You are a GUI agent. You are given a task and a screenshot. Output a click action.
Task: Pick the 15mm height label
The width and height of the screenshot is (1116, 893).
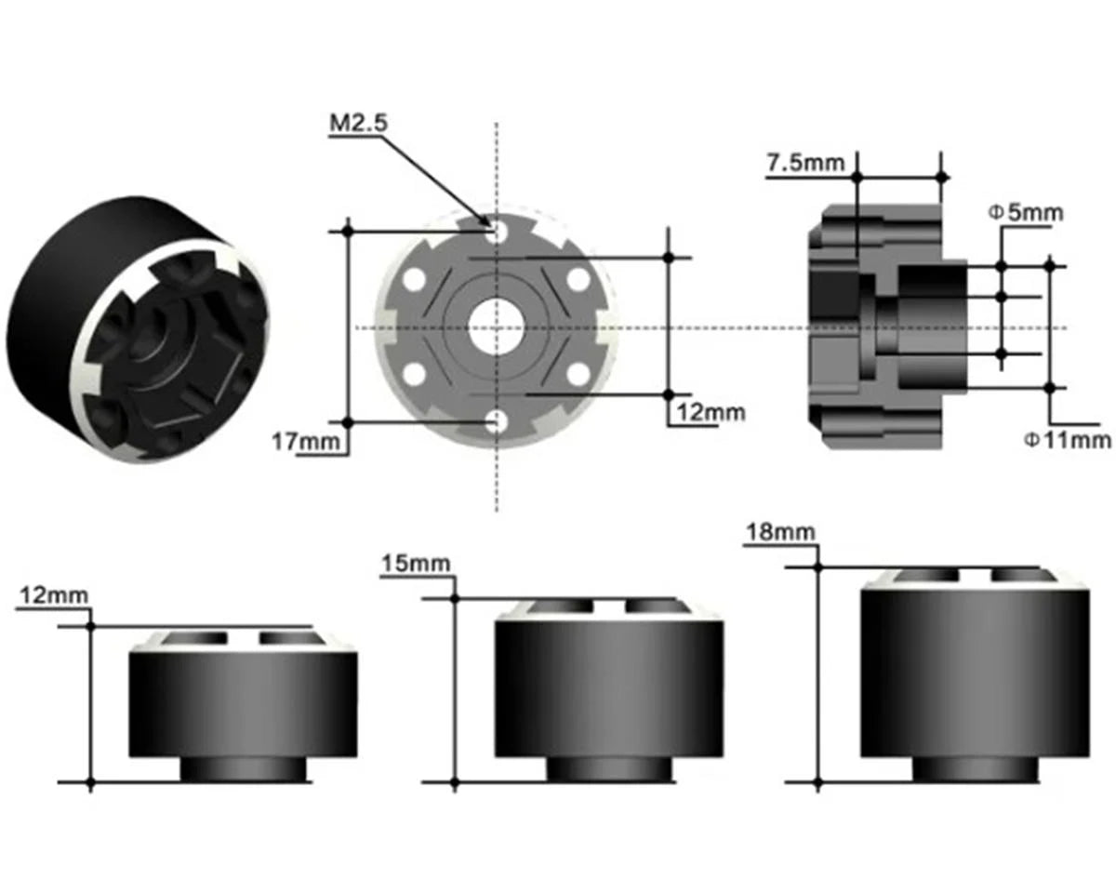pyautogui.click(x=415, y=563)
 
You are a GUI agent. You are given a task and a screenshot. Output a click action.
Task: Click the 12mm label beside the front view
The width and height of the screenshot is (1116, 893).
pyautogui.click(x=711, y=412)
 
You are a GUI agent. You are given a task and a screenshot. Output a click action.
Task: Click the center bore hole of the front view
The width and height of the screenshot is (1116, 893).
pyautogui.click(x=496, y=327)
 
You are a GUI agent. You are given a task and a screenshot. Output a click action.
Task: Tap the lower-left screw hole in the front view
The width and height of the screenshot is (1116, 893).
pyautogui.click(x=414, y=375)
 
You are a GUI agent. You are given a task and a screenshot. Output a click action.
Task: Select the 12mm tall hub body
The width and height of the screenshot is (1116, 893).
pyautogui.click(x=243, y=702)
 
